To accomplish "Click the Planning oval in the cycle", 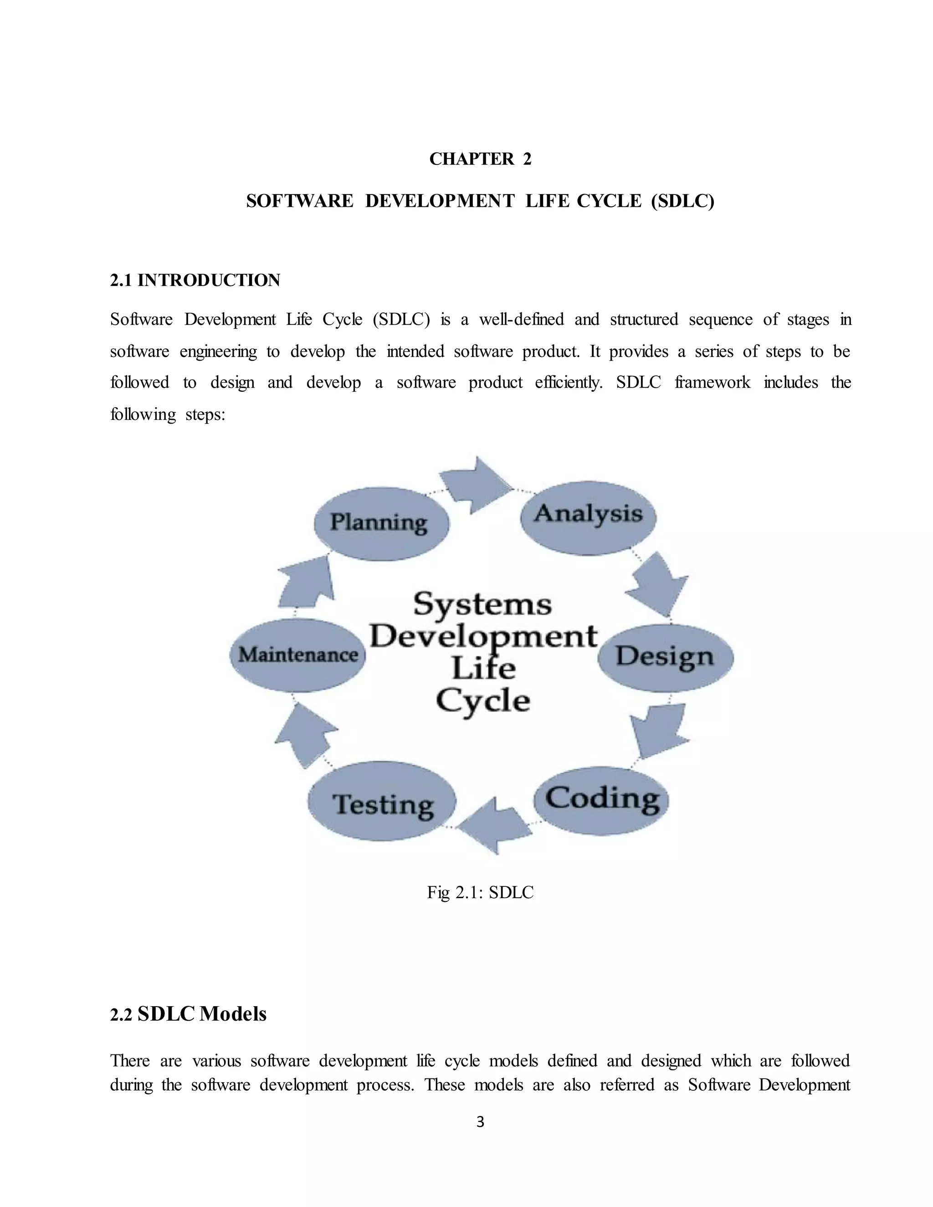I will click(380, 523).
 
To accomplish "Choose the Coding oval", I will click(602, 800).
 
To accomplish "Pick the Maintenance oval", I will click(298, 655).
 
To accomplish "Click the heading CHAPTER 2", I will click(480, 159).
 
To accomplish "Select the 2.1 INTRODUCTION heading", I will click(195, 280).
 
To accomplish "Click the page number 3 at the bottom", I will click(480, 1121).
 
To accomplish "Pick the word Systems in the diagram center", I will click(482, 603).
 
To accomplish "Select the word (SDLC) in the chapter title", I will click(682, 201).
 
